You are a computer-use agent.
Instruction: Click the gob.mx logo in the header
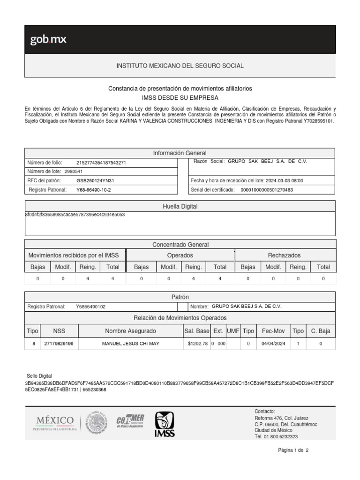click(x=48, y=40)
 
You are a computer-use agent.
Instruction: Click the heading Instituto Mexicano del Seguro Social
click(x=180, y=66)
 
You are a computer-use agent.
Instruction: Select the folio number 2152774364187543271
click(x=101, y=163)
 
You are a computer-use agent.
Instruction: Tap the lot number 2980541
click(x=74, y=172)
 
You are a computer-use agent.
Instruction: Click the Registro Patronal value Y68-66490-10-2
click(x=94, y=190)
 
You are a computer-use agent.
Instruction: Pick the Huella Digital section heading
click(x=180, y=206)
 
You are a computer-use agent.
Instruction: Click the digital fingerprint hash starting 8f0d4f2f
click(x=75, y=215)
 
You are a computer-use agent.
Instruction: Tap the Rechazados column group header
click(x=284, y=255)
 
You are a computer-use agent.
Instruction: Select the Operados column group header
click(x=180, y=255)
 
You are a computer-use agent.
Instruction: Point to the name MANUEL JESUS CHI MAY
click(x=131, y=344)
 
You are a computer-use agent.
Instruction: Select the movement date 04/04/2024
click(x=273, y=344)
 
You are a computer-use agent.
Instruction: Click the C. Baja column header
click(x=321, y=331)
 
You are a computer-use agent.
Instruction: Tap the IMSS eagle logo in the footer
click(x=164, y=424)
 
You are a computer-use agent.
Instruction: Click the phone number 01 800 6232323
click(x=282, y=436)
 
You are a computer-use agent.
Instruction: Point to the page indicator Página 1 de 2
click(x=293, y=450)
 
